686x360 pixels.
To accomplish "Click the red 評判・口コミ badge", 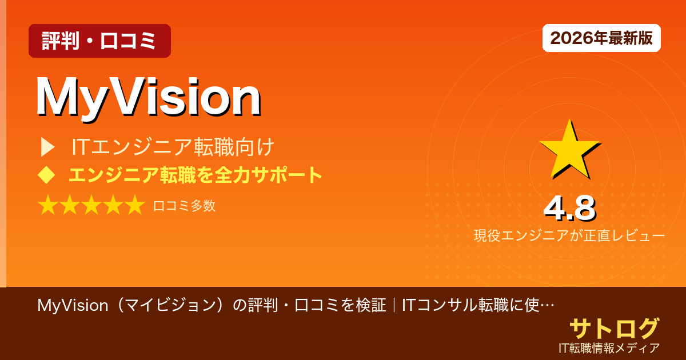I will point(99,41).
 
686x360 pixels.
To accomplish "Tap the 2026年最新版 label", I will point(601,38).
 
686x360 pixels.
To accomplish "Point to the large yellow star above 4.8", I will point(568,150).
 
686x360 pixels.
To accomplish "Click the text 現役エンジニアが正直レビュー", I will point(569,235).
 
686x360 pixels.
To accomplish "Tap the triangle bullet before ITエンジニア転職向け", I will point(47,147).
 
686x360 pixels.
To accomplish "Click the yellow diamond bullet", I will point(46,175).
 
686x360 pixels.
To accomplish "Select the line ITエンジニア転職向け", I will point(173,147).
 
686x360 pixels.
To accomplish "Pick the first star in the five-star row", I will point(48,206).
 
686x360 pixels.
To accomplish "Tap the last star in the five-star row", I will point(135,206).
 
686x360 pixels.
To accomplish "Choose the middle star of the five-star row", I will point(91,206).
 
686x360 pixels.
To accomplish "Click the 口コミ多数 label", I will point(184,206).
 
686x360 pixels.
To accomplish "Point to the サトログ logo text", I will point(614,329).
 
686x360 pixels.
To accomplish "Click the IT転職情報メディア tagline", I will point(609,347).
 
